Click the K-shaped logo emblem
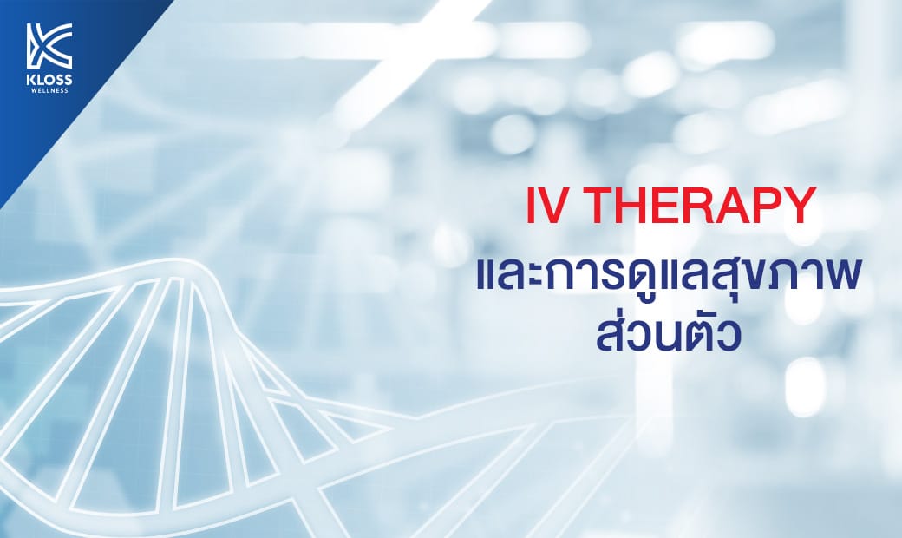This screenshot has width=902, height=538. (49, 46)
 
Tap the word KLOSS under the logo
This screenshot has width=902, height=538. (49, 79)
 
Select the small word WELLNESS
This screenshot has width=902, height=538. (49, 90)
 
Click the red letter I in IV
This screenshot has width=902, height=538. (531, 206)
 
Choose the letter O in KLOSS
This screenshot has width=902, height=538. (50, 79)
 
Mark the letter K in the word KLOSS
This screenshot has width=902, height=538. (31, 79)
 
